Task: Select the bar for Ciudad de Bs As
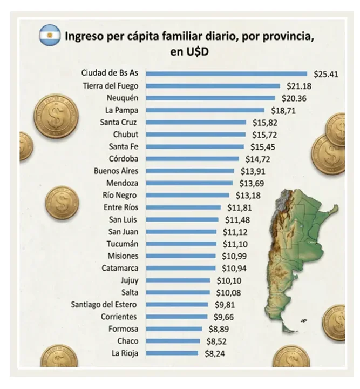pos(226,73)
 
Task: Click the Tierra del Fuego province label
pos(111,86)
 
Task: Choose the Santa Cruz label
pos(119,122)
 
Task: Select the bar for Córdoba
pos(192,159)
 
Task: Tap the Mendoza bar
pos(189,183)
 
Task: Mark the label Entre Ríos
pos(120,207)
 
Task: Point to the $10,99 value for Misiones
pos(235,256)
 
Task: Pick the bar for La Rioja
pos(172,353)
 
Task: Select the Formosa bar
pos(174,329)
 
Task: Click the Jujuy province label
pos(129,280)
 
